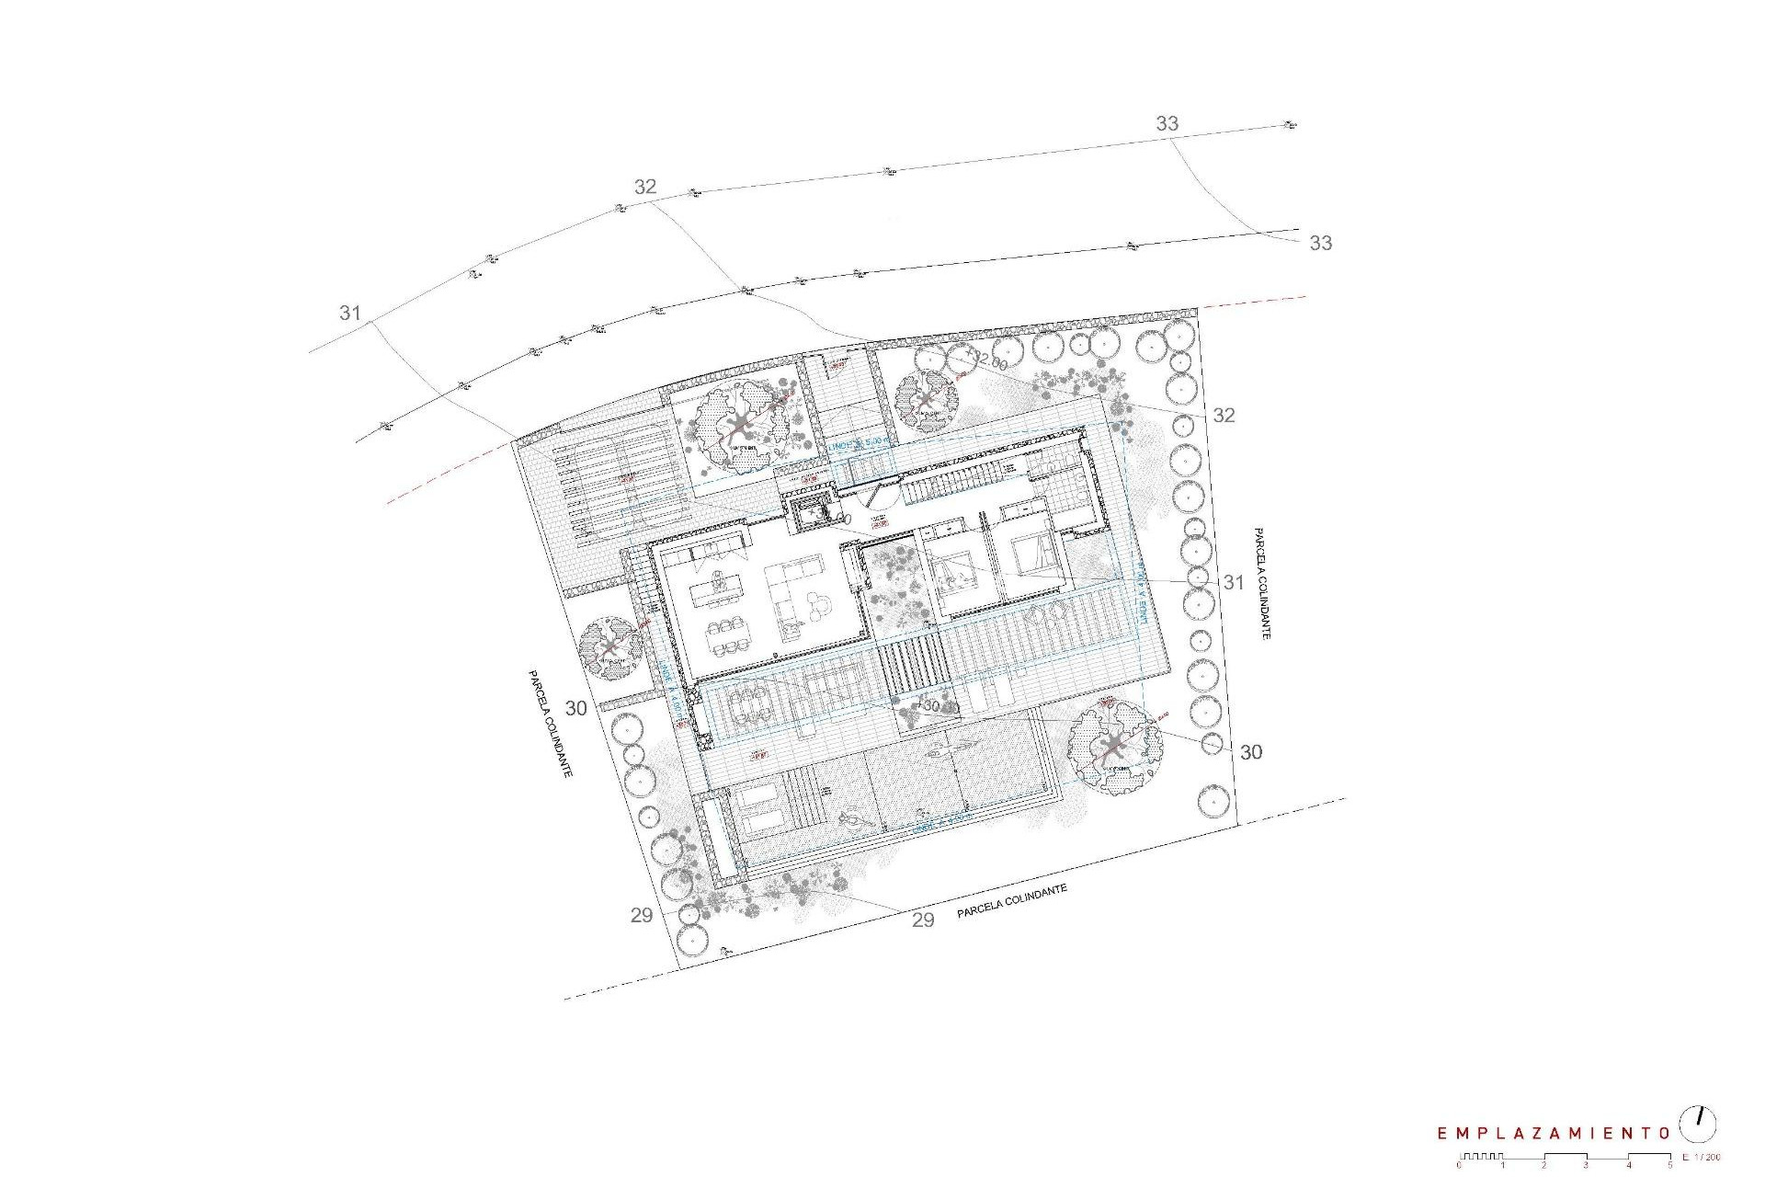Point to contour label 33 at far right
click(1320, 243)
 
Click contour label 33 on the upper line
click(1167, 123)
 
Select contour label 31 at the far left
click(349, 313)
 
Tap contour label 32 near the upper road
click(645, 187)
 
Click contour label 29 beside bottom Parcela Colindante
click(923, 920)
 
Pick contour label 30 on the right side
click(1251, 752)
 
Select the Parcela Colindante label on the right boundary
click(1260, 583)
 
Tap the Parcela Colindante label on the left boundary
click(550, 724)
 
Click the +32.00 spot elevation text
click(985, 360)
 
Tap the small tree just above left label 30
click(611, 647)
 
